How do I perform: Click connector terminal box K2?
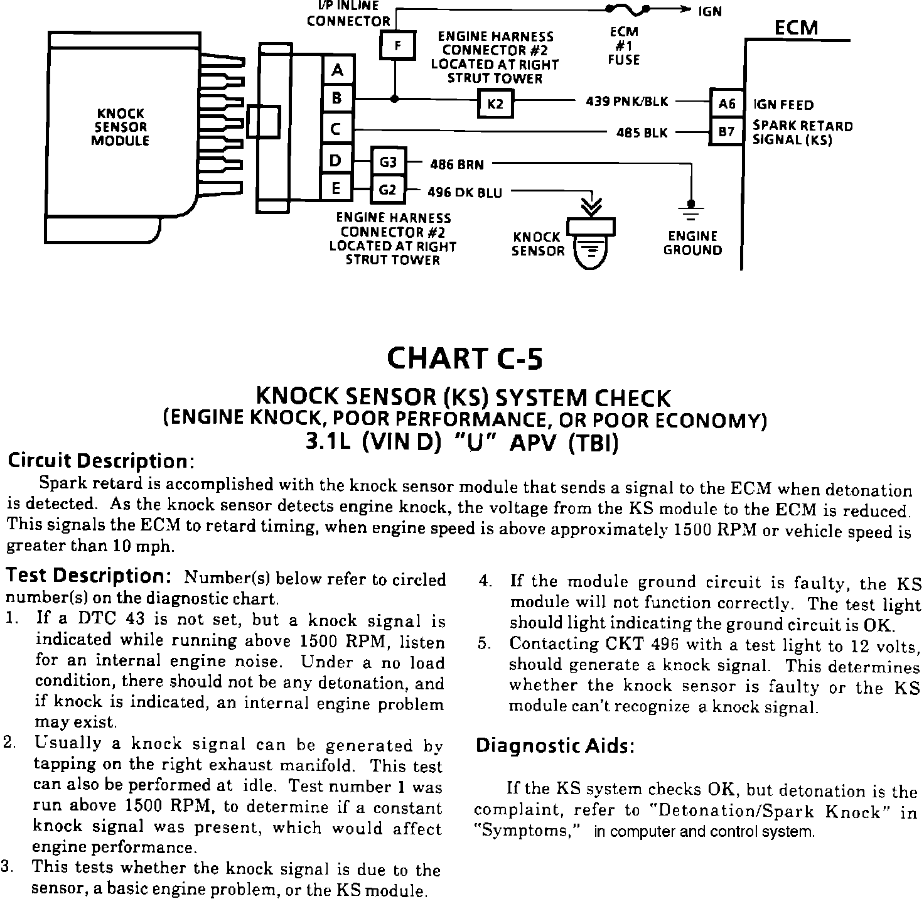495,104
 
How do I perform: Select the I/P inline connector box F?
397,45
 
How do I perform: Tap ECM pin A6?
727,103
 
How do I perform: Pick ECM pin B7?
727,132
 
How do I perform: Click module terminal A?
338,71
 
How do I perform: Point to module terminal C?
338,129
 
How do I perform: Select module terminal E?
338,188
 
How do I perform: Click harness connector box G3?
389,163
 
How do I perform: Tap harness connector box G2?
389,189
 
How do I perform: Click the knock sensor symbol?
590,242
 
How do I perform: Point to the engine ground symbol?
691,212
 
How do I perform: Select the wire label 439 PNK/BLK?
626,102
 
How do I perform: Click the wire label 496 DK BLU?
465,193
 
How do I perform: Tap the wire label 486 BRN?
456,164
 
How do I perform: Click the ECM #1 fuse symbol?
626,9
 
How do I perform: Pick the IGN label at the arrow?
709,11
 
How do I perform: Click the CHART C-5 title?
465,358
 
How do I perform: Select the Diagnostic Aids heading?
555,746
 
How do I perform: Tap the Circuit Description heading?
101,461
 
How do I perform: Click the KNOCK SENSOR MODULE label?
120,127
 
